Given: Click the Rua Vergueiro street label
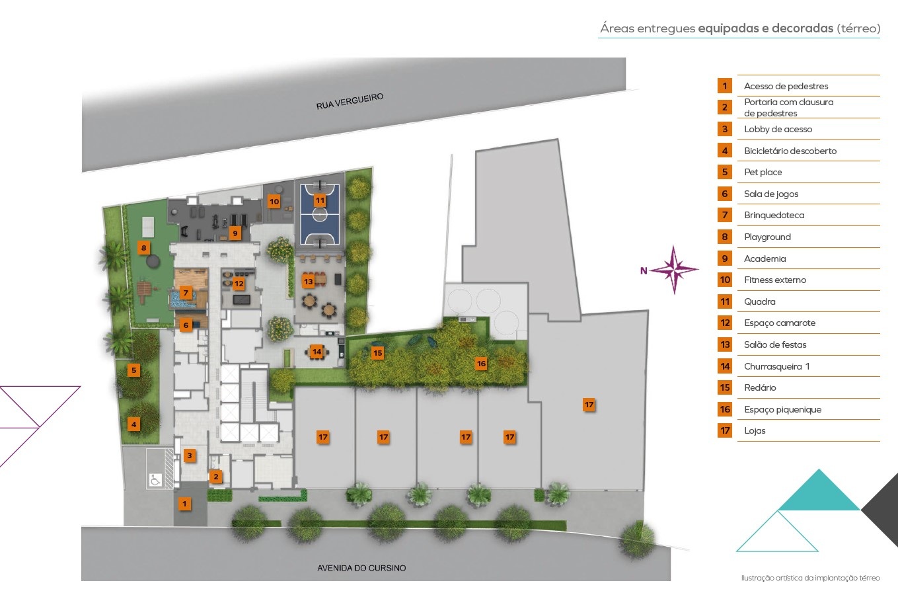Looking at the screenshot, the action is (x=350, y=101).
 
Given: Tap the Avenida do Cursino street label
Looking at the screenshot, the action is (x=361, y=568).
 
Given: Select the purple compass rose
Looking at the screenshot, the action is (x=674, y=270).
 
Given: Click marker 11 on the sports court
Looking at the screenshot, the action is (x=320, y=200).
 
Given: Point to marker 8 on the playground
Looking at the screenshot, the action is (x=143, y=247).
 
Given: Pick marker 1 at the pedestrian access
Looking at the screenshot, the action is (x=184, y=504).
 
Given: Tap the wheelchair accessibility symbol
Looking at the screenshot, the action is (x=155, y=479).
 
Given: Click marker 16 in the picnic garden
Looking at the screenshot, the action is (x=481, y=364).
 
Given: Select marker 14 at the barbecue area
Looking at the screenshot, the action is (x=317, y=352).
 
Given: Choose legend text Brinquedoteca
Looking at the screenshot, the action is (x=774, y=215).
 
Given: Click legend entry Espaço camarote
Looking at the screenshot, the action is (x=780, y=323).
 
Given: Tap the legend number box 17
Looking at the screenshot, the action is (x=725, y=430).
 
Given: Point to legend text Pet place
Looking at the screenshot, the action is (x=763, y=172).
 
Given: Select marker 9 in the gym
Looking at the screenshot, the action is (x=235, y=233).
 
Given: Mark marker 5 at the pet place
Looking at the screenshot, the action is (x=134, y=370).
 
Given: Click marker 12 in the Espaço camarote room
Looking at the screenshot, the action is (x=239, y=283).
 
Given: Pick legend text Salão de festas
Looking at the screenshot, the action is (x=775, y=344).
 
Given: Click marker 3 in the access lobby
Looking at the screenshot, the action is (x=190, y=456).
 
